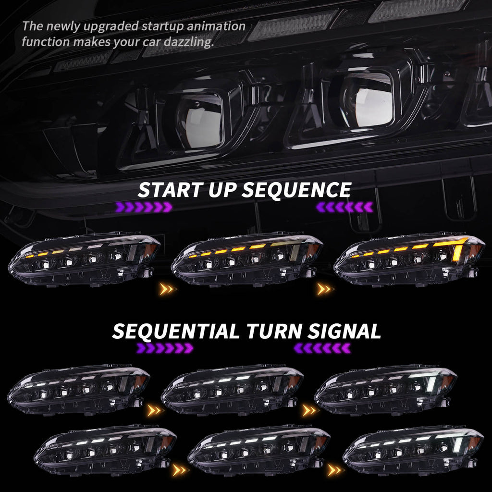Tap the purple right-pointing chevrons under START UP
tap(143, 207)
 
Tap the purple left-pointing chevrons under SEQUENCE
tap(344, 207)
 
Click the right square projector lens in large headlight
tap(366, 100)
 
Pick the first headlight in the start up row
tap(84, 259)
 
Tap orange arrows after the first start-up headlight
tap(168, 289)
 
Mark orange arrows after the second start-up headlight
tap(324, 289)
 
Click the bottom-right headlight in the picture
tap(413, 449)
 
